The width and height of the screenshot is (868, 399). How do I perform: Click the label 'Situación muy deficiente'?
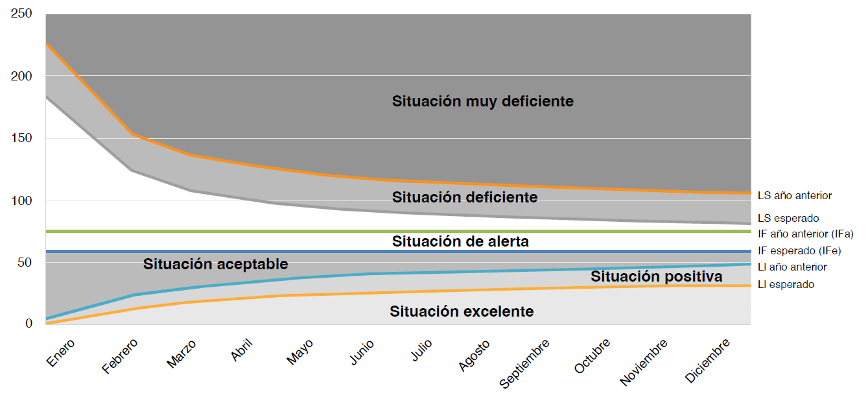482,101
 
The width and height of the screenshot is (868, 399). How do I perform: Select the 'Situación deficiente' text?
464,197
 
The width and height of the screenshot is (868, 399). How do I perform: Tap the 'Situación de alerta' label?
460,241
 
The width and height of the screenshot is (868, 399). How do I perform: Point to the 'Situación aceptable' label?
215,264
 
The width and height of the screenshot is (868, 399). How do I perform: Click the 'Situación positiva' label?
656,276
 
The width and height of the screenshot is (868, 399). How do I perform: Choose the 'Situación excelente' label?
462,311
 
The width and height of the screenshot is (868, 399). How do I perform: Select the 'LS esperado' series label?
788,219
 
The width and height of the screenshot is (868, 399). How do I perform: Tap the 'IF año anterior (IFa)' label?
805,234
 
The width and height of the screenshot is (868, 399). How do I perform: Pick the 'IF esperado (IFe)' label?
799,250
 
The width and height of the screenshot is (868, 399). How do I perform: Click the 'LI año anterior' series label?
792,267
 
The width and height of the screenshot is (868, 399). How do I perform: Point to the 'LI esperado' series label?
786,284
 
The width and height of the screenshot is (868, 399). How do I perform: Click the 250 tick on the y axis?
21,14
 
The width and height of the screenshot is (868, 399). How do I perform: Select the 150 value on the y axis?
21,138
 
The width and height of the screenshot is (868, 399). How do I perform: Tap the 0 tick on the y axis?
29,323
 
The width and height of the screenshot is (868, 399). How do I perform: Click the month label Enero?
61,352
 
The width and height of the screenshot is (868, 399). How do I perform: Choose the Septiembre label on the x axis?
525,363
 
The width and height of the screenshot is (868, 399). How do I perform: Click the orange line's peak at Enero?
47,44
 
